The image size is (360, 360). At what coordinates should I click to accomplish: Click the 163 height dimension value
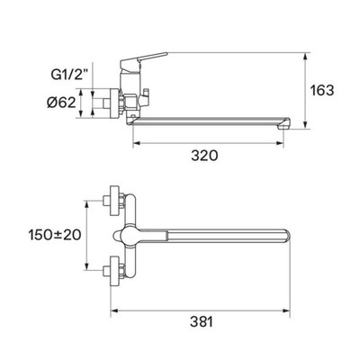coord(321,90)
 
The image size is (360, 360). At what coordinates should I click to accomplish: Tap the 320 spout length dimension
coord(205,156)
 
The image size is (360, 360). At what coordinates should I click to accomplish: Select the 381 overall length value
coord(202,322)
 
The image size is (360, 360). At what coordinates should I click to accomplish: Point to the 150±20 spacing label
coord(55,235)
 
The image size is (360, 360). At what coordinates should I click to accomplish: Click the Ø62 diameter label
coord(61,103)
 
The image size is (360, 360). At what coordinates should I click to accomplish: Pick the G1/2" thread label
coord(69,75)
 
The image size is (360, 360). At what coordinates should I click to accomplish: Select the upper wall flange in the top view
coord(114,201)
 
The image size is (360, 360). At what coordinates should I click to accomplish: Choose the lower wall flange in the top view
coord(114,271)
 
